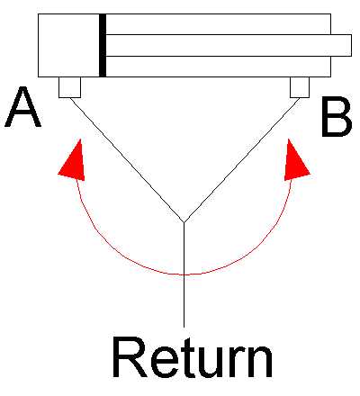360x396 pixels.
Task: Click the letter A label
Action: click(x=22, y=107)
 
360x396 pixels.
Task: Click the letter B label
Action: click(x=337, y=116)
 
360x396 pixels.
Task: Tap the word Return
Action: click(x=193, y=356)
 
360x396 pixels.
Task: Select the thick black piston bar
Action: click(x=103, y=45)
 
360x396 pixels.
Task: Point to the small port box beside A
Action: click(x=69, y=87)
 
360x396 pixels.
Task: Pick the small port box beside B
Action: click(x=300, y=87)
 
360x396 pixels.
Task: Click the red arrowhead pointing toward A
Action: click(x=73, y=160)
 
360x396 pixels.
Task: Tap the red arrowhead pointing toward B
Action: click(x=295, y=160)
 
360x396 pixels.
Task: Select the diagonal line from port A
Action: click(x=127, y=160)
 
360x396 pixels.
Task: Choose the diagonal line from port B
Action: click(x=242, y=160)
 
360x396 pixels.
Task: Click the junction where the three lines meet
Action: click(x=184, y=222)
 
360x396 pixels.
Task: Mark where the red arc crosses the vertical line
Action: click(x=184, y=274)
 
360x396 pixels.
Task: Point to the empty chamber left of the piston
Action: click(x=68, y=45)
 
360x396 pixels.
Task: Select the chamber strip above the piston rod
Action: click(x=219, y=24)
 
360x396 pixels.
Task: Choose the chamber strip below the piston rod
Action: click(x=219, y=67)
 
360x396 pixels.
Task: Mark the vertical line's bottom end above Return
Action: click(x=184, y=327)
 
